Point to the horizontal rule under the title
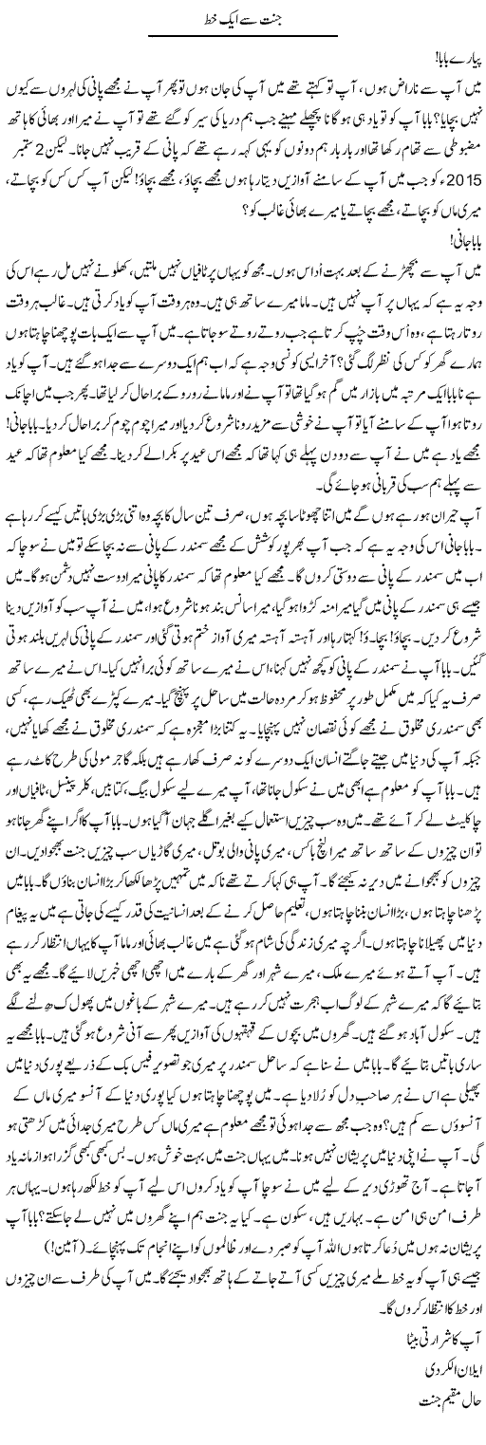[244, 35]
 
